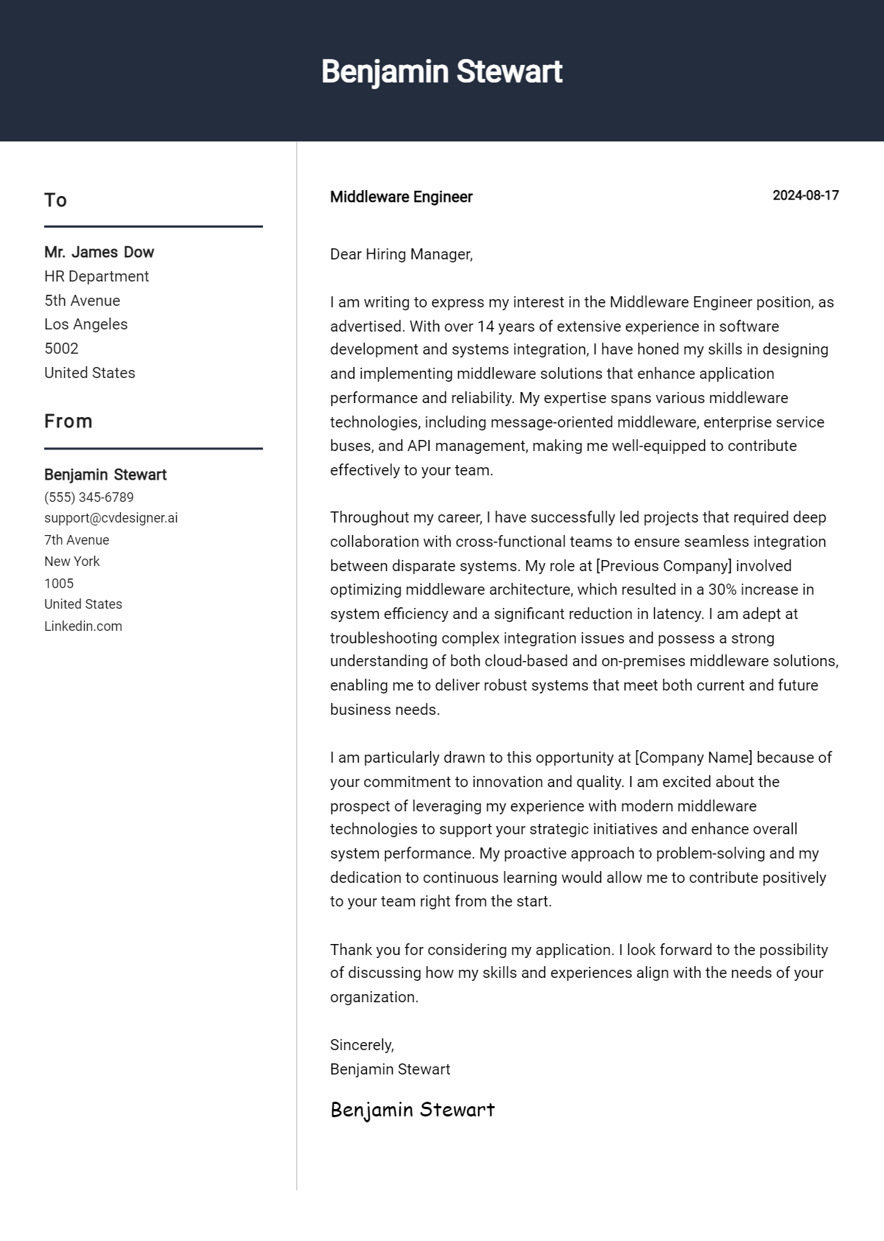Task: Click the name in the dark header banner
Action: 441,71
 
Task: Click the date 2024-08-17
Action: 805,195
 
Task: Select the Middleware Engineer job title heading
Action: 401,197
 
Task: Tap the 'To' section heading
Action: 55,200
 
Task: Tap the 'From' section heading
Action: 68,421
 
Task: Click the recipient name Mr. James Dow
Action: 99,252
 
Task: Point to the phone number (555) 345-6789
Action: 88,497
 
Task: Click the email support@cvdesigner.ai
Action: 110,517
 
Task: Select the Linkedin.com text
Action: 83,626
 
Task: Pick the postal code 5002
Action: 61,348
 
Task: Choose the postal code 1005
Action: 59,583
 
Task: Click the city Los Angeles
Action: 85,324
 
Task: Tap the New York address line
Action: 71,561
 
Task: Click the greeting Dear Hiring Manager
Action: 401,254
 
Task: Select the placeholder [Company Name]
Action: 693,758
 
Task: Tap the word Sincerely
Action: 362,1045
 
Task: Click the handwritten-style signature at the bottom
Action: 412,1109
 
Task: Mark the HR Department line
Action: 97,276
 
